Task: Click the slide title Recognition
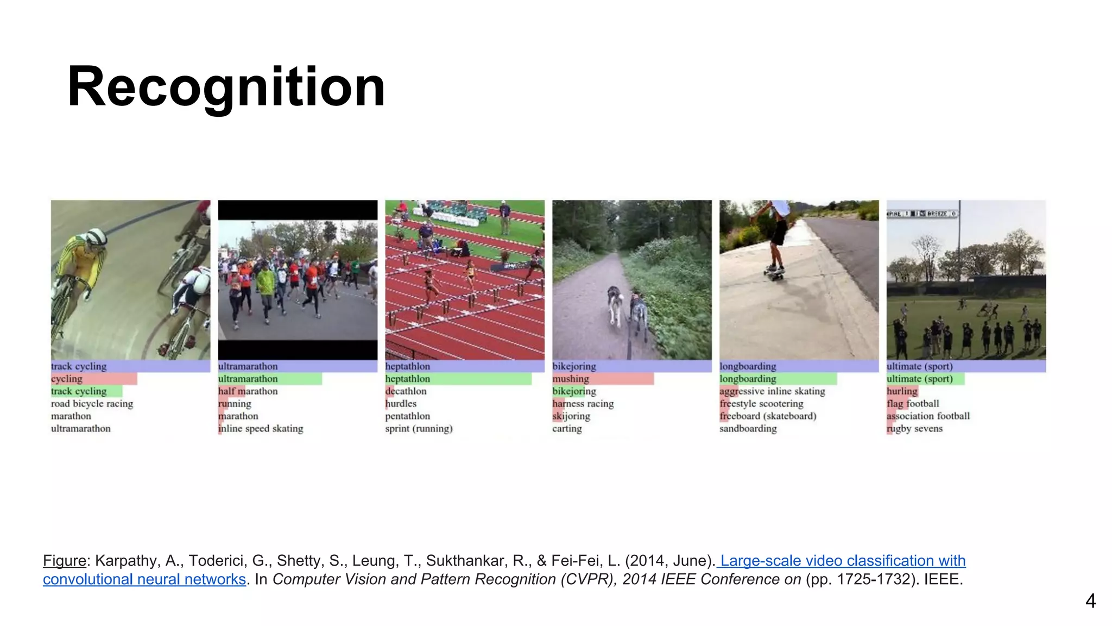(x=226, y=87)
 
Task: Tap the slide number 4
(x=1090, y=601)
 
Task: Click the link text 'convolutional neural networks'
(x=144, y=579)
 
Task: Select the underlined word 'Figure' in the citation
(x=65, y=561)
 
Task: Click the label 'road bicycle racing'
(x=92, y=404)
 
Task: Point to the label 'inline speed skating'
(x=261, y=429)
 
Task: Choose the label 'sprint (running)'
(x=419, y=429)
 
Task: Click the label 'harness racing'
(x=583, y=404)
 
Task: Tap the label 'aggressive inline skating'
(x=772, y=391)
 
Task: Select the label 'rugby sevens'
(x=914, y=429)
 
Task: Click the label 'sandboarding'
(x=748, y=429)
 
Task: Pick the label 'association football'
(x=928, y=416)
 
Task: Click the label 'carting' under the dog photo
(x=567, y=429)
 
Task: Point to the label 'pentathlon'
(x=407, y=416)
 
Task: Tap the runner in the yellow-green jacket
(x=266, y=283)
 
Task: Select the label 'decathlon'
(x=406, y=391)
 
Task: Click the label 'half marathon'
(x=248, y=391)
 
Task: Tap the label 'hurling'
(x=902, y=391)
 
